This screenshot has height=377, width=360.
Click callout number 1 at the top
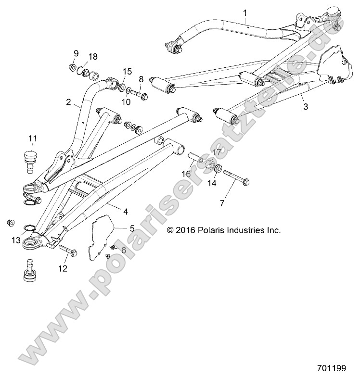pos(245,12)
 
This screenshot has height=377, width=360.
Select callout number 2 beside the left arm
pos(68,102)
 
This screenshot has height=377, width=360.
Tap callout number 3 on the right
pos(305,108)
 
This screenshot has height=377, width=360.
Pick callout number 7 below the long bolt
pos(222,203)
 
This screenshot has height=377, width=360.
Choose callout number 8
pos(141,78)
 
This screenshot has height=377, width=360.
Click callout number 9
pos(76,52)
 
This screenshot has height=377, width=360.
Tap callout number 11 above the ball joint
pos(33,139)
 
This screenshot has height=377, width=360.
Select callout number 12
pos(63,268)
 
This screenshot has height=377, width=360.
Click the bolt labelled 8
pos(139,95)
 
